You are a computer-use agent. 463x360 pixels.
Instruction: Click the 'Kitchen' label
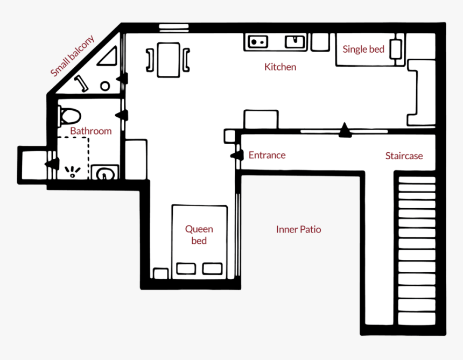(x=280, y=67)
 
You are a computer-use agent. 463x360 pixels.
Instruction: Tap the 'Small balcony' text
(x=72, y=55)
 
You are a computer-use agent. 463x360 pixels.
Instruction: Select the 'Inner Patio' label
(x=298, y=230)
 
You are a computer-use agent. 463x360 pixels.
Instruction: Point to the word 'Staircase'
(x=404, y=156)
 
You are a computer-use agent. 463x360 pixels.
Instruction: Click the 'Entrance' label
(x=267, y=156)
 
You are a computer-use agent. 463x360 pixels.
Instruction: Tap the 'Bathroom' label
(x=91, y=131)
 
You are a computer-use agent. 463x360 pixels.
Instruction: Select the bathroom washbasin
(x=104, y=173)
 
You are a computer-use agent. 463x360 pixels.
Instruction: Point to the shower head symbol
(x=72, y=172)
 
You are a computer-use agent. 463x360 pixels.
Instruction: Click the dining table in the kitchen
(x=169, y=59)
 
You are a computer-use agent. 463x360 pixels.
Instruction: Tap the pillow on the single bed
(x=397, y=49)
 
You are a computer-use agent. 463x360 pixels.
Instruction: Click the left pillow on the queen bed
(x=186, y=269)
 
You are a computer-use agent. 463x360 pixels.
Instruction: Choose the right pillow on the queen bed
(x=212, y=269)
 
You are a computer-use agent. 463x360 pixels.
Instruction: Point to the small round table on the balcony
(x=105, y=86)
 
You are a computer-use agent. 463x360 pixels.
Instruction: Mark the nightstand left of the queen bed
(x=160, y=273)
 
